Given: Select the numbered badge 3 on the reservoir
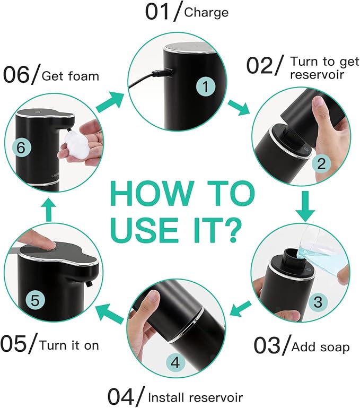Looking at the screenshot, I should [318, 302].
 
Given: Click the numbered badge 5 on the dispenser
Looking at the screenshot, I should [34, 300].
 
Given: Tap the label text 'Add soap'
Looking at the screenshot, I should [321, 347].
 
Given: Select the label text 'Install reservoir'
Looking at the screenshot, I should [195, 397].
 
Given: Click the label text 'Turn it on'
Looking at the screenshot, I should [69, 345].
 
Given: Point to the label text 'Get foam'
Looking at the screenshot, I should [70, 76].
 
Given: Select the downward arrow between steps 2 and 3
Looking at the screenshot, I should [304, 206].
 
